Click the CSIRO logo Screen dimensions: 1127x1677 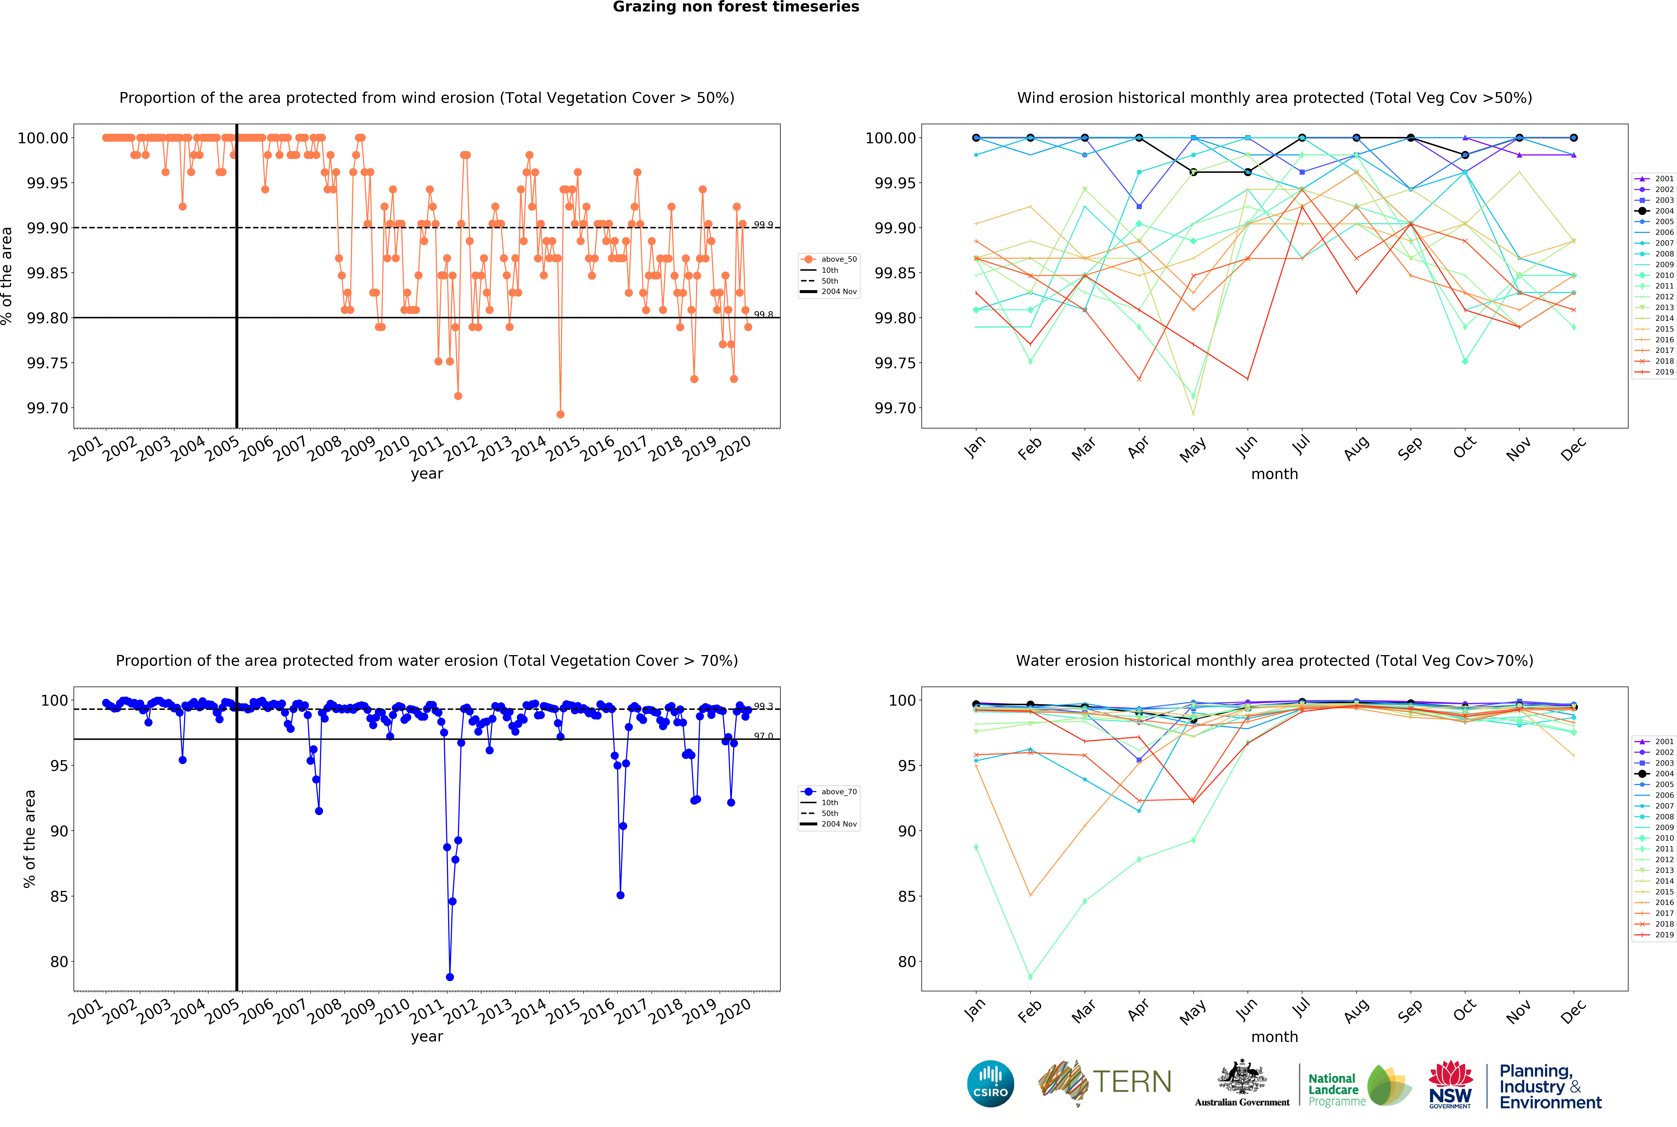click(990, 1083)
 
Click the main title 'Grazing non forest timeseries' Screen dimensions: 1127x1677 click(736, 7)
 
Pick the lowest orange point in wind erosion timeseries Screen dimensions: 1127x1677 click(560, 414)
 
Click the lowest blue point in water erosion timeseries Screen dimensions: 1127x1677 click(450, 977)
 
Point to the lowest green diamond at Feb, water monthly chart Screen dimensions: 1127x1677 click(1030, 977)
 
